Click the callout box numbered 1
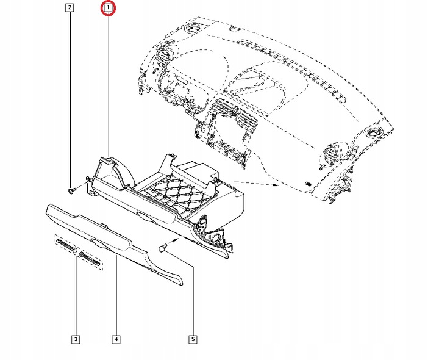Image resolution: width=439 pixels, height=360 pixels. (x=108, y=8)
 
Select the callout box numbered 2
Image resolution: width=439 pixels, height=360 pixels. (x=70, y=8)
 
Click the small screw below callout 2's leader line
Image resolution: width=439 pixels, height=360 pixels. (x=73, y=190)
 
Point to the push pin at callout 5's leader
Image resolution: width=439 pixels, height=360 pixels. (x=163, y=248)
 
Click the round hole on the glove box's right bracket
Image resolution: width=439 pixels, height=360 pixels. (x=215, y=239)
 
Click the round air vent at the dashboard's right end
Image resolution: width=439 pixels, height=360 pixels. (x=334, y=152)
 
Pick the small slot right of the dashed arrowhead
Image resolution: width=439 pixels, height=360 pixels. (x=308, y=184)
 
